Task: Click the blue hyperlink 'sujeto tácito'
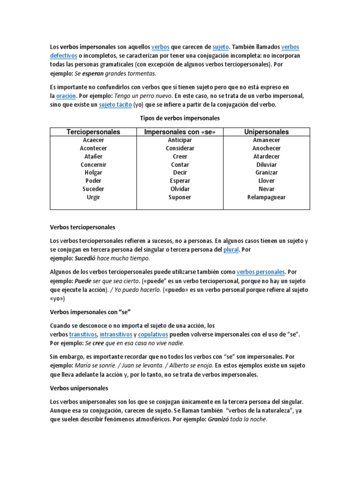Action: click(x=115, y=105)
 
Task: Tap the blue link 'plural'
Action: click(x=231, y=249)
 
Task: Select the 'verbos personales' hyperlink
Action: click(x=261, y=271)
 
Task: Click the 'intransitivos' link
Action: click(x=116, y=334)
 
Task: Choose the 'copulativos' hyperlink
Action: click(x=153, y=334)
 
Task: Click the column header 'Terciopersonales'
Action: click(x=93, y=132)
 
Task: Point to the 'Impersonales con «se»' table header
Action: click(x=180, y=132)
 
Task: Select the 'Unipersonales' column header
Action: click(x=266, y=132)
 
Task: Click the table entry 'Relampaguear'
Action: click(x=266, y=197)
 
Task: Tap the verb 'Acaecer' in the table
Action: click(x=93, y=140)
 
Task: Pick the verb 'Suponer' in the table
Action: click(x=180, y=197)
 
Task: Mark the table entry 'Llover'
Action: click(x=266, y=181)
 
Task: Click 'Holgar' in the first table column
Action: click(x=93, y=172)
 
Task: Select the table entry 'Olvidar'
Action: click(x=180, y=189)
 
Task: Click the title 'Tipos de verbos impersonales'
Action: click(x=180, y=118)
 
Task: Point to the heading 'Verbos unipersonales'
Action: click(x=79, y=389)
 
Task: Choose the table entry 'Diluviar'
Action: click(x=266, y=165)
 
